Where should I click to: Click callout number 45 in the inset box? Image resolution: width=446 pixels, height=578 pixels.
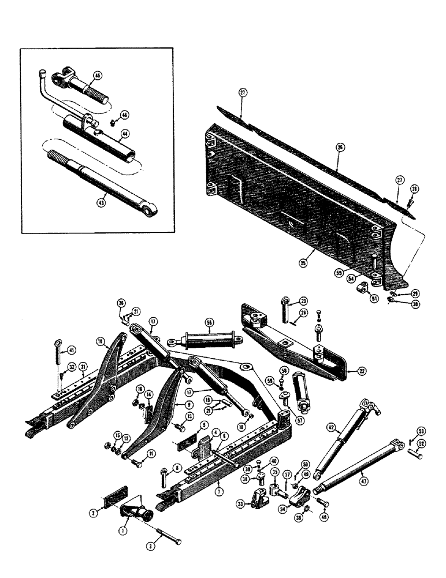97,76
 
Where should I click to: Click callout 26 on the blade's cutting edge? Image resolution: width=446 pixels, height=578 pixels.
340,149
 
